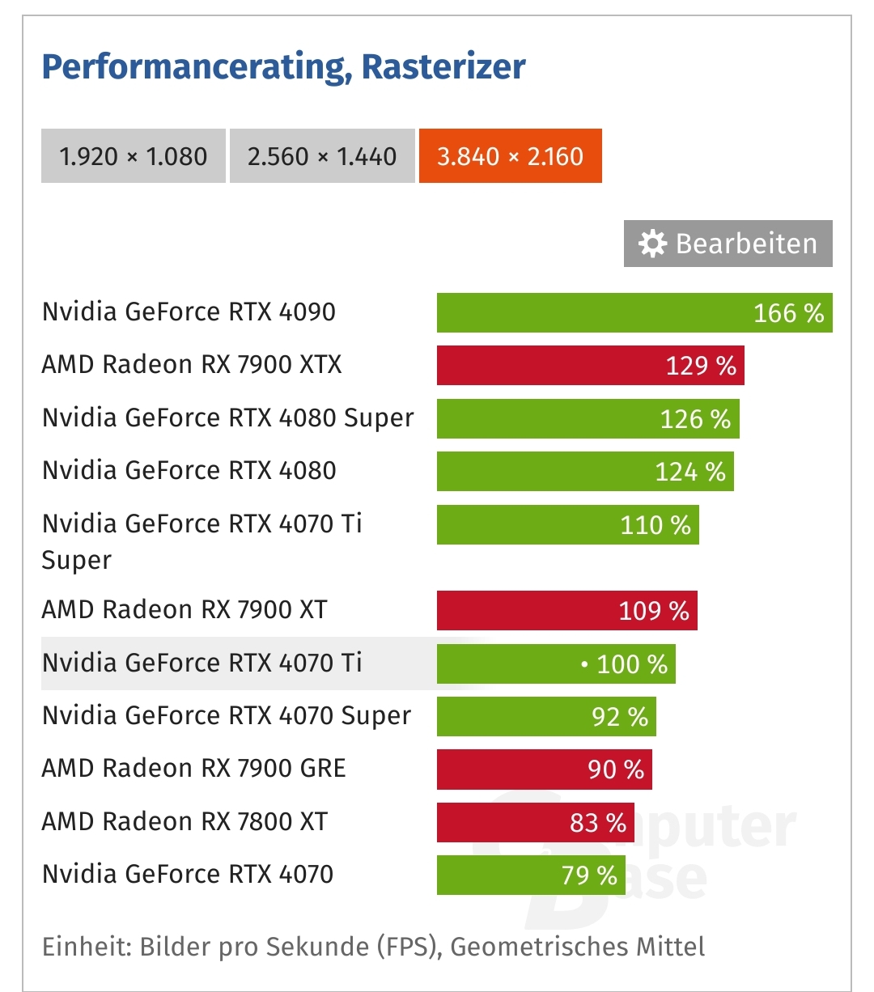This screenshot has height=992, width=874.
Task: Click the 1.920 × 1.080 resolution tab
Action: pyautogui.click(x=134, y=155)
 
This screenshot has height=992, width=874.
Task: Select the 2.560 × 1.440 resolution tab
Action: pyautogui.click(x=322, y=155)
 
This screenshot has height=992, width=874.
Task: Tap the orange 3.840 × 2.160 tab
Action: pyautogui.click(x=510, y=155)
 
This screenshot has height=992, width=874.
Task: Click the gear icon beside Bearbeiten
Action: pyautogui.click(x=652, y=244)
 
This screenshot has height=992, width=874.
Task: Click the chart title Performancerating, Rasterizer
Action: pyautogui.click(x=283, y=66)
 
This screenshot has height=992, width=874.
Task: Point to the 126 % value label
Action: pyautogui.click(x=695, y=418)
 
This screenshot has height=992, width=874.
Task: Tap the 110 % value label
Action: pyautogui.click(x=655, y=525)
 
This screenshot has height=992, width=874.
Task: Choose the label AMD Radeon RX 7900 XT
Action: pyautogui.click(x=185, y=609)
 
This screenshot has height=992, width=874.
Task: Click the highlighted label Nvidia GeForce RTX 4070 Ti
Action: pyautogui.click(x=202, y=663)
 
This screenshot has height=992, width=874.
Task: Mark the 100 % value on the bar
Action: pyautogui.click(x=632, y=664)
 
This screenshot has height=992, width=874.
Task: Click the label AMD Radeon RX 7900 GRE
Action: pyautogui.click(x=193, y=768)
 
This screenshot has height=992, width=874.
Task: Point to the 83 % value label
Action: pyautogui.click(x=598, y=823)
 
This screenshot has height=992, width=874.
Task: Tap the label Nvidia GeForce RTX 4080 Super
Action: pyautogui.click(x=227, y=418)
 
